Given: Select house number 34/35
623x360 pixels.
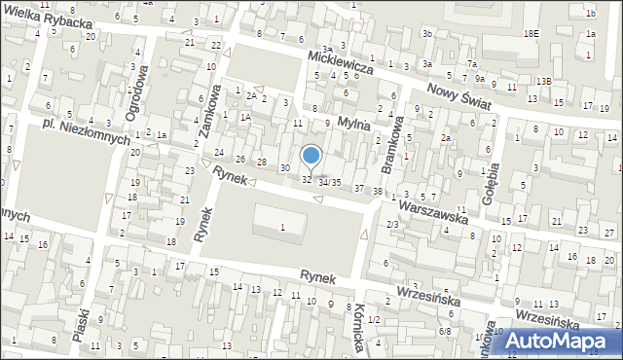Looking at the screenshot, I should coord(329,182).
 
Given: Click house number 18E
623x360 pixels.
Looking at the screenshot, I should coord(531,33).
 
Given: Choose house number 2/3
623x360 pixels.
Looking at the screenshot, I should coord(392,225).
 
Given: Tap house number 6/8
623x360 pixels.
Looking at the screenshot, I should coord(445,332).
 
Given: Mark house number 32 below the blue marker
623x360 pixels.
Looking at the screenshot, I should coord(307,179).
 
